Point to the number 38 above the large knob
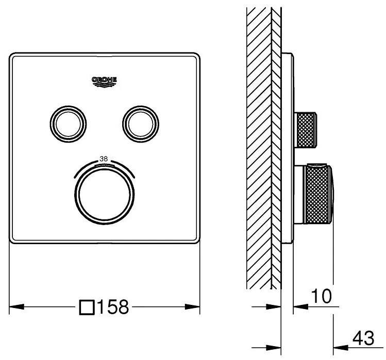(x=104, y=159)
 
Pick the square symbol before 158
(x=87, y=308)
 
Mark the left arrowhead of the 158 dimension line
(x=15, y=307)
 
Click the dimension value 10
(x=320, y=296)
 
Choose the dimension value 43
(x=363, y=339)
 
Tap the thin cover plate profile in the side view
(x=288, y=149)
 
